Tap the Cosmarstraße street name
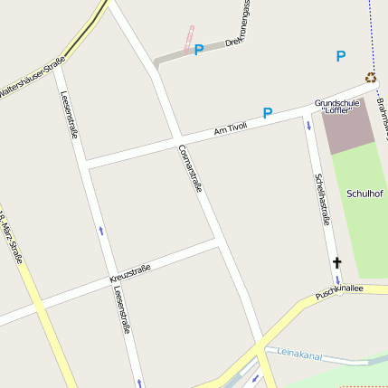click(x=190, y=167)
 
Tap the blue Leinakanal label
click(x=299, y=354)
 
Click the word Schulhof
click(x=364, y=194)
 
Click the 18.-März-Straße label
click(x=14, y=239)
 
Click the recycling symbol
click(x=371, y=78)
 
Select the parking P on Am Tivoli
click(x=267, y=114)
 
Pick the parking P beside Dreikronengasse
click(x=198, y=50)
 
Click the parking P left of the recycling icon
click(x=340, y=56)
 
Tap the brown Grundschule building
click(x=348, y=131)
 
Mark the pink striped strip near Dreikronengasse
click(x=189, y=38)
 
